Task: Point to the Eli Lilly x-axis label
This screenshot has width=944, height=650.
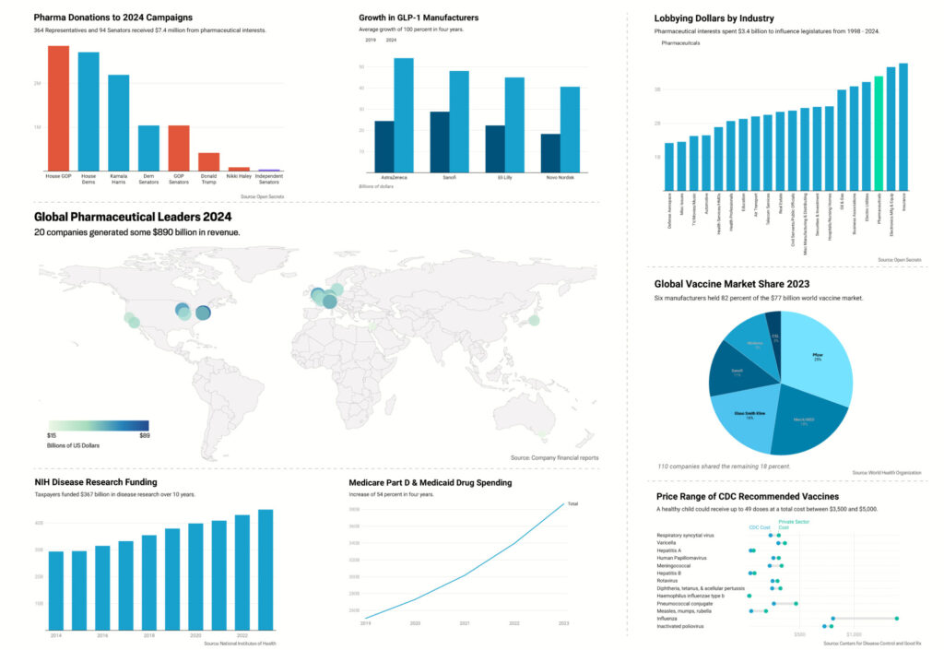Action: click(514, 177)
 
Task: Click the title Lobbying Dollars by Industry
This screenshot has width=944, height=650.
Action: click(714, 18)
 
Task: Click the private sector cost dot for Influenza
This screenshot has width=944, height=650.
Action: click(897, 619)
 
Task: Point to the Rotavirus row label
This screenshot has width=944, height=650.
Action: click(673, 580)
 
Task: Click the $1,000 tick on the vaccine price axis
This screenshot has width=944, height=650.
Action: click(855, 635)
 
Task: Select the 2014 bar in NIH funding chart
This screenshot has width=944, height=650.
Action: click(56, 590)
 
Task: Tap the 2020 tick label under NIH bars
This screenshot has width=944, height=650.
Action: click(195, 636)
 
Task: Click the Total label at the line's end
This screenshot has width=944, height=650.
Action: click(572, 503)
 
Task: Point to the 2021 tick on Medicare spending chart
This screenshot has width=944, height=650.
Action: click(465, 624)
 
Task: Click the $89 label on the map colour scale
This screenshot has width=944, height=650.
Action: click(145, 435)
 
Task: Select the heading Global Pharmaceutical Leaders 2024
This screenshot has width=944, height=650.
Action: click(133, 218)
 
